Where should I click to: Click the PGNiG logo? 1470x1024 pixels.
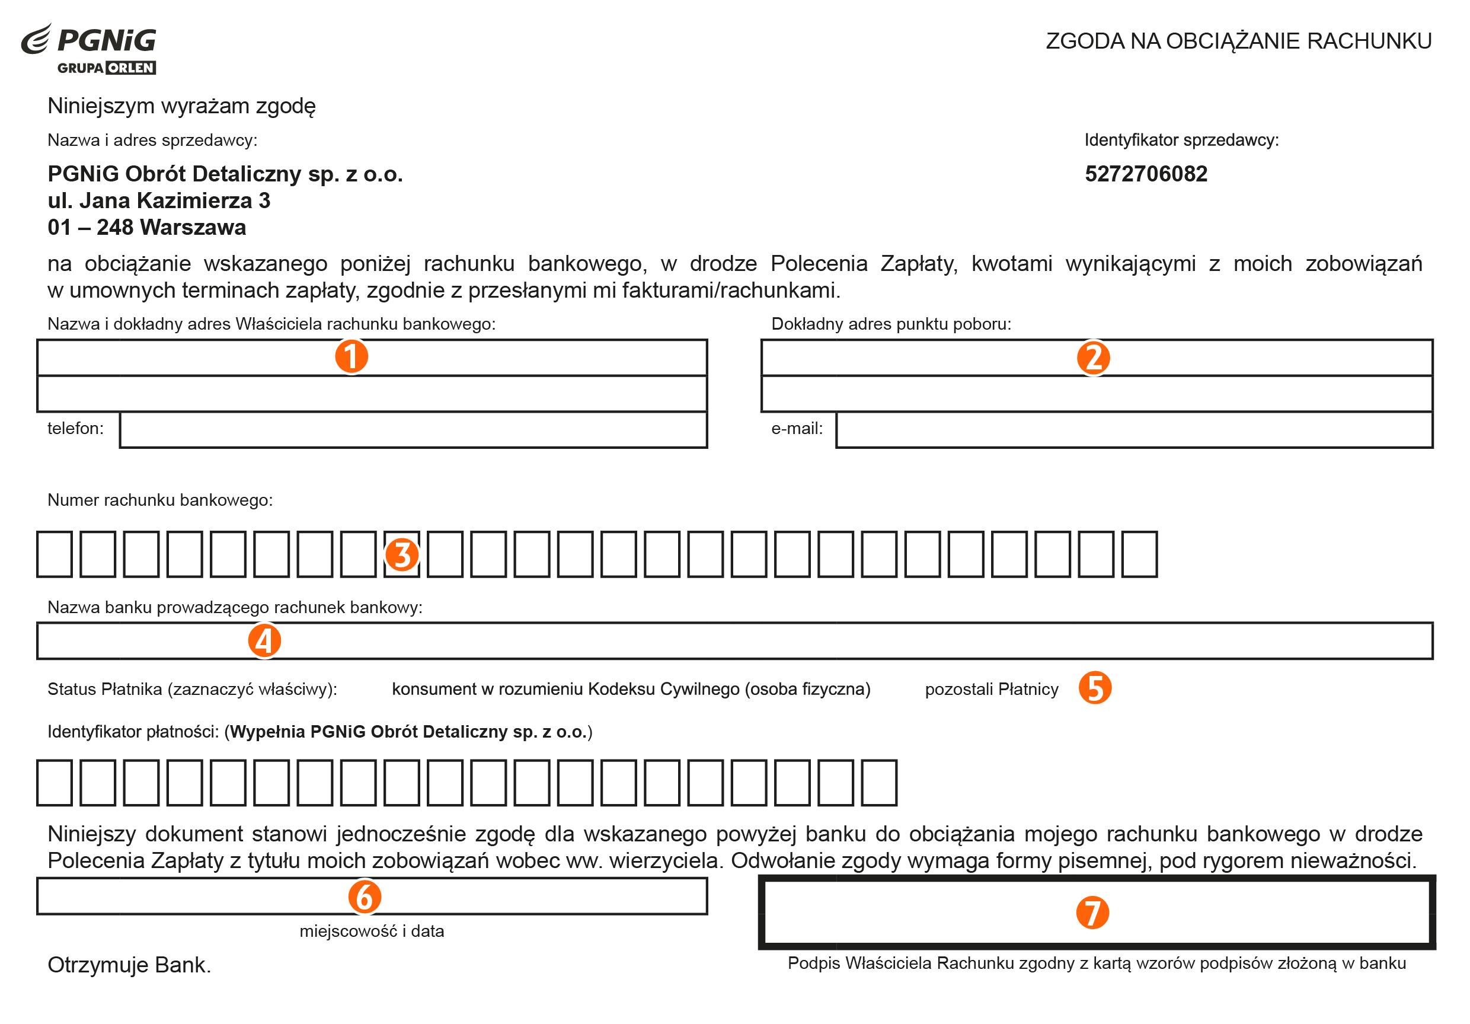(90, 49)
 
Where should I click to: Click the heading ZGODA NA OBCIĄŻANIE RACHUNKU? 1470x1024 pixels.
(1238, 41)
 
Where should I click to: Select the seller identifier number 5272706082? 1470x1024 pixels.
(1145, 174)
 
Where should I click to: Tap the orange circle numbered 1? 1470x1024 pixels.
(351, 357)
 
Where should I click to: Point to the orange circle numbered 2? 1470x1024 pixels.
(1093, 358)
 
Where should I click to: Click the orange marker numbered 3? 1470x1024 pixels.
(401, 554)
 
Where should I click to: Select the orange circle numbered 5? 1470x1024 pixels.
(1095, 688)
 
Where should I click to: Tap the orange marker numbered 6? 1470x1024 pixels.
(365, 897)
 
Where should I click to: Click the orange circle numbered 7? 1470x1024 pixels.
(1092, 913)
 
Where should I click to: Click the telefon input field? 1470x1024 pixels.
(413, 430)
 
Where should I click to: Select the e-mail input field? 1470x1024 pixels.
(1133, 430)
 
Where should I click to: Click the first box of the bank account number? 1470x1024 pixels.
(55, 554)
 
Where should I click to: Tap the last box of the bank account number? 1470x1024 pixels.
(1140, 554)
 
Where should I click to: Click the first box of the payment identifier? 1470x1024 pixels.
(55, 783)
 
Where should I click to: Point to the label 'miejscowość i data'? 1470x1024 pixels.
(371, 931)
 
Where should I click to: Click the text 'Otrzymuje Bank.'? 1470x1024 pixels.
(129, 965)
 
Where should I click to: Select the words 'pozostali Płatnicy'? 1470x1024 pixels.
(991, 690)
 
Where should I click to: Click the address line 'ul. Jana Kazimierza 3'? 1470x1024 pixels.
(159, 201)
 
